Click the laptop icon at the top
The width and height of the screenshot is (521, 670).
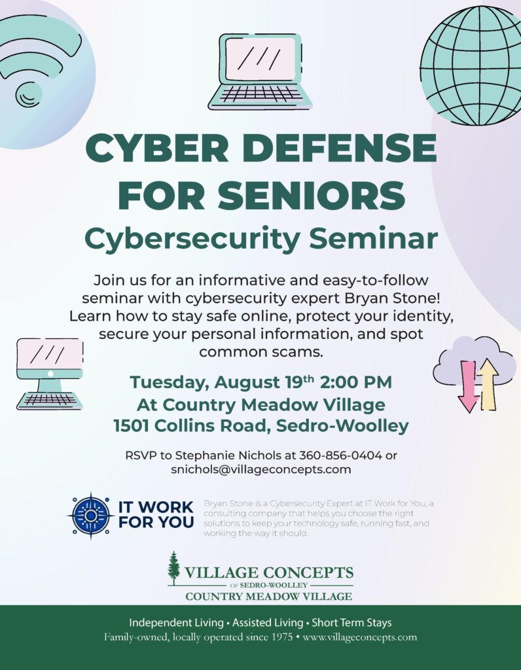pyautogui.click(x=260, y=71)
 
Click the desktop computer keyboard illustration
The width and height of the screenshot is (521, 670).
pyautogui.click(x=50, y=401)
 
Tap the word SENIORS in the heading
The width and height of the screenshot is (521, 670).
pyautogui.click(x=312, y=196)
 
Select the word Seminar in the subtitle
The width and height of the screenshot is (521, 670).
pyautogui.click(x=374, y=238)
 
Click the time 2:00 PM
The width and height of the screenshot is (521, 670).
pyautogui.click(x=355, y=382)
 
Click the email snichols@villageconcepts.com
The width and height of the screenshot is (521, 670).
pyautogui.click(x=261, y=470)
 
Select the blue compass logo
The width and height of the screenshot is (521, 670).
pyautogui.click(x=90, y=516)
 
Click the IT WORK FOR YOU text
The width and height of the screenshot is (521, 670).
pyautogui.click(x=156, y=515)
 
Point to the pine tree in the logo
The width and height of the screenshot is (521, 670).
pyautogui.click(x=173, y=569)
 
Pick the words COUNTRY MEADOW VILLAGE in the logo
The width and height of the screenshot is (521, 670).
pyautogui.click(x=269, y=597)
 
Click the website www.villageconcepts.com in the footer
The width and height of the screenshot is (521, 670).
pyautogui.click(x=359, y=637)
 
